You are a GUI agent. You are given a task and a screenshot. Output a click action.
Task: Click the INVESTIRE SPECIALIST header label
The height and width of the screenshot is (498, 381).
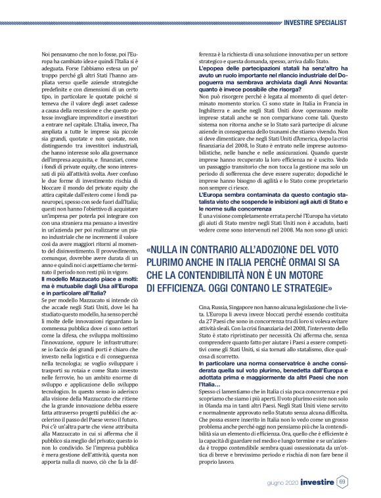(x=321, y=22)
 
